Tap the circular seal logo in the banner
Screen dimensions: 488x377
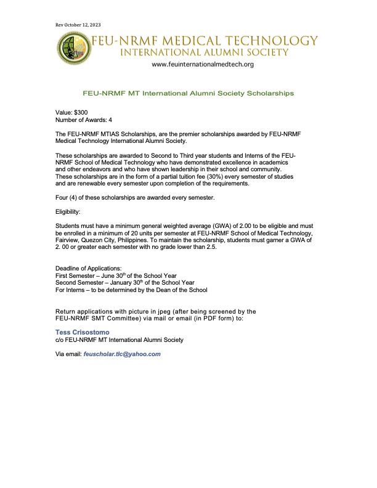[74, 49]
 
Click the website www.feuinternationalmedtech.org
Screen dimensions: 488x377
[202, 64]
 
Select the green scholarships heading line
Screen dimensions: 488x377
[188, 94]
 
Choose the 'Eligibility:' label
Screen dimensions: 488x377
[70, 211]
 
